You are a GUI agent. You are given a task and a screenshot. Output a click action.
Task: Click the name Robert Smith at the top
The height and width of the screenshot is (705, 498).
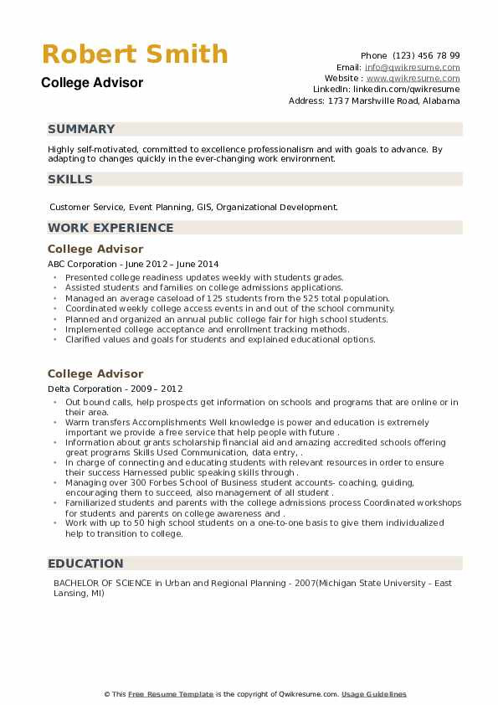(x=134, y=54)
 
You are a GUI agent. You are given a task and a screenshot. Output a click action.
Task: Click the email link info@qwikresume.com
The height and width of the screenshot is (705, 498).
(x=412, y=67)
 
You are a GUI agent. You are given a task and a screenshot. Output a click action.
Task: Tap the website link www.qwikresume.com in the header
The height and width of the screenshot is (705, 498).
(x=413, y=78)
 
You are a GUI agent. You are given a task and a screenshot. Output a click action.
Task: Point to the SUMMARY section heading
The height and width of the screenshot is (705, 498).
(x=81, y=129)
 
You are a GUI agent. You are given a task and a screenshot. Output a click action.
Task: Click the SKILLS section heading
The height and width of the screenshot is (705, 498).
(x=70, y=179)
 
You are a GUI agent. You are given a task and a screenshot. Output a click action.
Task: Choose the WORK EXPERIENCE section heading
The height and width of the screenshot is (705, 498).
(x=110, y=228)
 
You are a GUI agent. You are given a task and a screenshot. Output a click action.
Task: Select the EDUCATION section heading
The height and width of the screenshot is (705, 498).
(x=85, y=563)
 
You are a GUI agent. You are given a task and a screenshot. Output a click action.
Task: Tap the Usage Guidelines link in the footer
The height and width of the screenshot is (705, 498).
(x=373, y=694)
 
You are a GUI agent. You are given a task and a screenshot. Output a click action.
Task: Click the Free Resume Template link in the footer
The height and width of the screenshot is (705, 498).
(x=168, y=694)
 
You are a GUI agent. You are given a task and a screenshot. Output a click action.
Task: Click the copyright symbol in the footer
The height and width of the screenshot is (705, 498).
(x=108, y=694)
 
